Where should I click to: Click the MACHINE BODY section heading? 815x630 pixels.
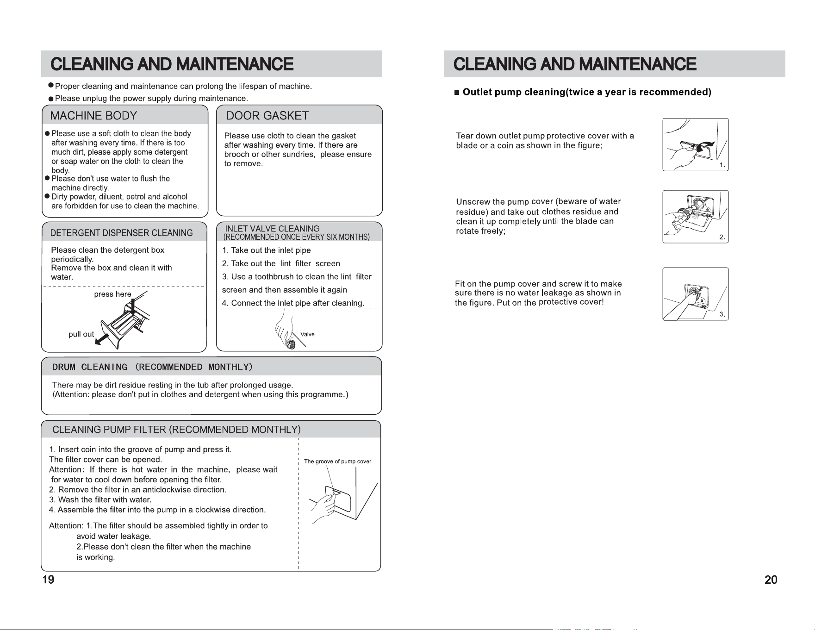tap(93, 115)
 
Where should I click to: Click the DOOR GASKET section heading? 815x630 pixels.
tap(267, 115)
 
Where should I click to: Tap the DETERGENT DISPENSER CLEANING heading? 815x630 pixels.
tap(121, 233)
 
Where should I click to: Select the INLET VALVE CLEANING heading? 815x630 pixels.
tap(272, 229)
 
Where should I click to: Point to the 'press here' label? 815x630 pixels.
tap(112, 294)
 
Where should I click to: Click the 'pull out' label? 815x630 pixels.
tap(81, 334)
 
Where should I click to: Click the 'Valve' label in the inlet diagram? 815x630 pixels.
tap(307, 334)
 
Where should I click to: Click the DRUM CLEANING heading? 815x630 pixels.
tap(152, 367)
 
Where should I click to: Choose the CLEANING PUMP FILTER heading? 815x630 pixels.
tap(176, 430)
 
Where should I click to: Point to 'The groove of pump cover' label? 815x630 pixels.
tap(337, 462)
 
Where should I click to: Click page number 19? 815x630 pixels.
tap(48, 580)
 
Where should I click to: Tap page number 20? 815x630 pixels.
tap(771, 580)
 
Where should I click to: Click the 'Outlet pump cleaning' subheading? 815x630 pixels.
tap(587, 92)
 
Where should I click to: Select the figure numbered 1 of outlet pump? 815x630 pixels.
tap(695, 144)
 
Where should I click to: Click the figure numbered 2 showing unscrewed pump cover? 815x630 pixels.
tap(695, 217)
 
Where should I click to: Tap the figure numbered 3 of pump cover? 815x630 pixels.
tap(695, 294)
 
